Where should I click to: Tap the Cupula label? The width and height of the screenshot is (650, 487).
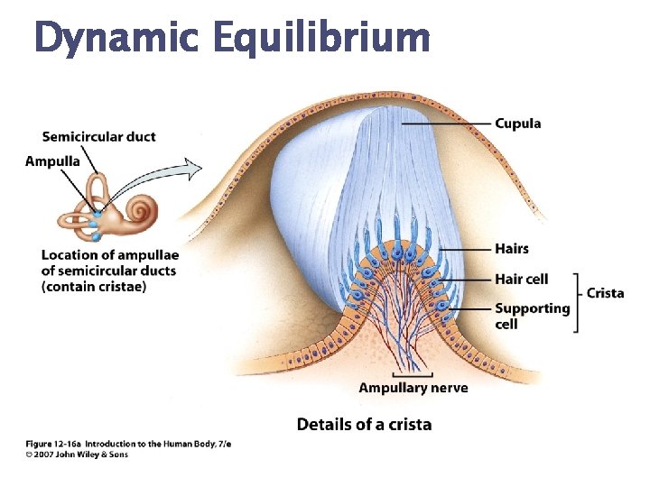click(x=517, y=124)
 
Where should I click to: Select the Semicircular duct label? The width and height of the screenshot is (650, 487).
click(x=98, y=137)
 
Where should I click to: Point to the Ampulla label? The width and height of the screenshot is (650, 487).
click(x=52, y=161)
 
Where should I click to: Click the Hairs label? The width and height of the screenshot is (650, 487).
click(x=512, y=249)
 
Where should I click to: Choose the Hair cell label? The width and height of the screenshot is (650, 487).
click(x=521, y=280)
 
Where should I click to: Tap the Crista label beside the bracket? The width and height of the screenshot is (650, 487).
click(x=605, y=293)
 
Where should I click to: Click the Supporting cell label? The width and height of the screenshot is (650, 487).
click(x=532, y=316)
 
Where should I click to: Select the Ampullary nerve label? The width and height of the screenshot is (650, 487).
click(x=413, y=388)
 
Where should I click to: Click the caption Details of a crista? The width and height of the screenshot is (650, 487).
click(x=364, y=424)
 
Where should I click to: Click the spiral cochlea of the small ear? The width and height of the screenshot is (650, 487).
click(x=141, y=213)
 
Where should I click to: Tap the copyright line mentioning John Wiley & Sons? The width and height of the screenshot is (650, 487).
click(x=77, y=455)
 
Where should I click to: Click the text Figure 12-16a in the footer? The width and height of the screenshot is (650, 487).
click(x=53, y=444)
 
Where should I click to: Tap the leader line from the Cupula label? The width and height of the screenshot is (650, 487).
click(x=447, y=124)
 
